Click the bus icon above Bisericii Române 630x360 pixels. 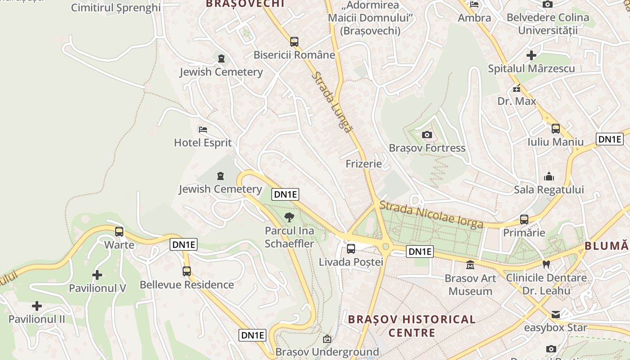coord(294,42)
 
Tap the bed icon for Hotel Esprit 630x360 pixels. coord(203,130)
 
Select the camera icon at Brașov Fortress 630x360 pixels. coord(427,135)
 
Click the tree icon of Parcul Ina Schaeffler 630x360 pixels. coord(289,218)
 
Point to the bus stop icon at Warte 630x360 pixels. coord(119,232)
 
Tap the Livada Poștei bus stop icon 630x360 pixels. coord(351,248)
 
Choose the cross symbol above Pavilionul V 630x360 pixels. coord(97,275)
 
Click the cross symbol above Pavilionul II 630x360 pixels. coord(37,306)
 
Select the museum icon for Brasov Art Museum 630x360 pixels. coord(470,265)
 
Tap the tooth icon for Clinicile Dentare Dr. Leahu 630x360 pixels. coord(546,264)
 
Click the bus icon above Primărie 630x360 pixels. coord(524,220)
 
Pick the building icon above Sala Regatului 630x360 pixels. coord(549,176)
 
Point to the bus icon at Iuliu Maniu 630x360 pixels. coord(556,129)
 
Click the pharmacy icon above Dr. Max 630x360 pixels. coord(517,88)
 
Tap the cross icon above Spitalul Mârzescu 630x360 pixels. coord(531,55)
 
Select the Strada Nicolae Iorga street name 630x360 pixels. coord(431,214)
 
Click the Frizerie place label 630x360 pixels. coord(364,164)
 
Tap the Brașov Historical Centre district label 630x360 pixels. coord(412,326)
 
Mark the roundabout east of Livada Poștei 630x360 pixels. coord(386,247)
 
